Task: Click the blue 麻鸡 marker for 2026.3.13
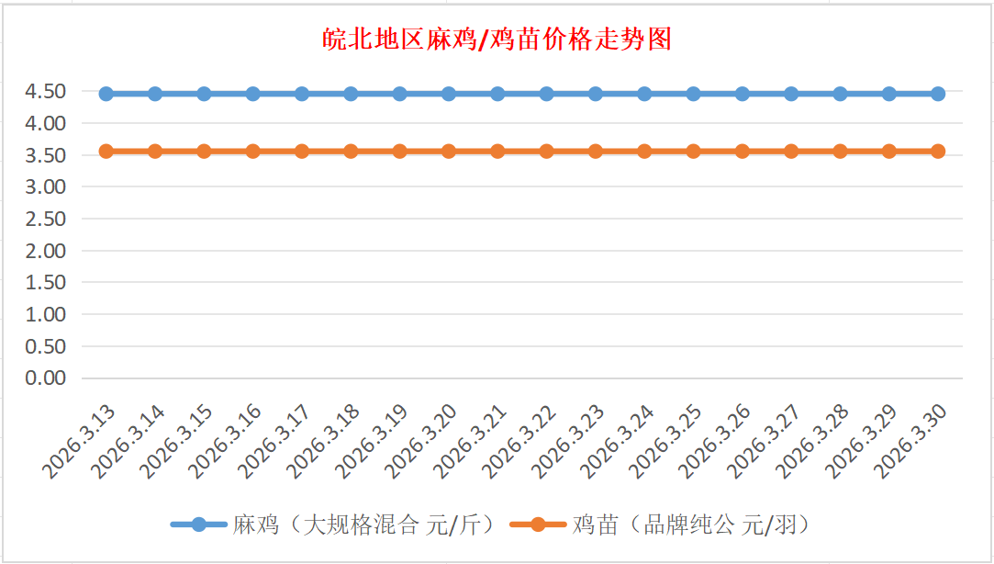tap(106, 94)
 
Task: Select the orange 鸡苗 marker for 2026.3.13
tap(106, 151)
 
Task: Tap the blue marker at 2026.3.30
tap(938, 94)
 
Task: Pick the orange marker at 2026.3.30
tap(938, 151)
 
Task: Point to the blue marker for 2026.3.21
tap(497, 94)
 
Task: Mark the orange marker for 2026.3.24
tap(644, 151)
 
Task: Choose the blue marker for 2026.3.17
tap(302, 94)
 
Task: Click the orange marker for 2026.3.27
tap(791, 151)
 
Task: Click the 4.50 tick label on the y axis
tap(46, 91)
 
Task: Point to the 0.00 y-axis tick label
tap(46, 378)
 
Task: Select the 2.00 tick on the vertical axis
tap(46, 250)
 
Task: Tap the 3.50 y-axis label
tap(46, 155)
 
